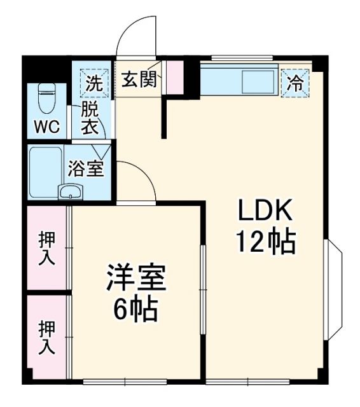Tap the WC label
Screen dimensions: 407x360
pos(47,127)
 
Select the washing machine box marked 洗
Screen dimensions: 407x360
pos(93,81)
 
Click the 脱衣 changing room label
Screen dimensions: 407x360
pos(89,118)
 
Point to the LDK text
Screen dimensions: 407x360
pos(265,210)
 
